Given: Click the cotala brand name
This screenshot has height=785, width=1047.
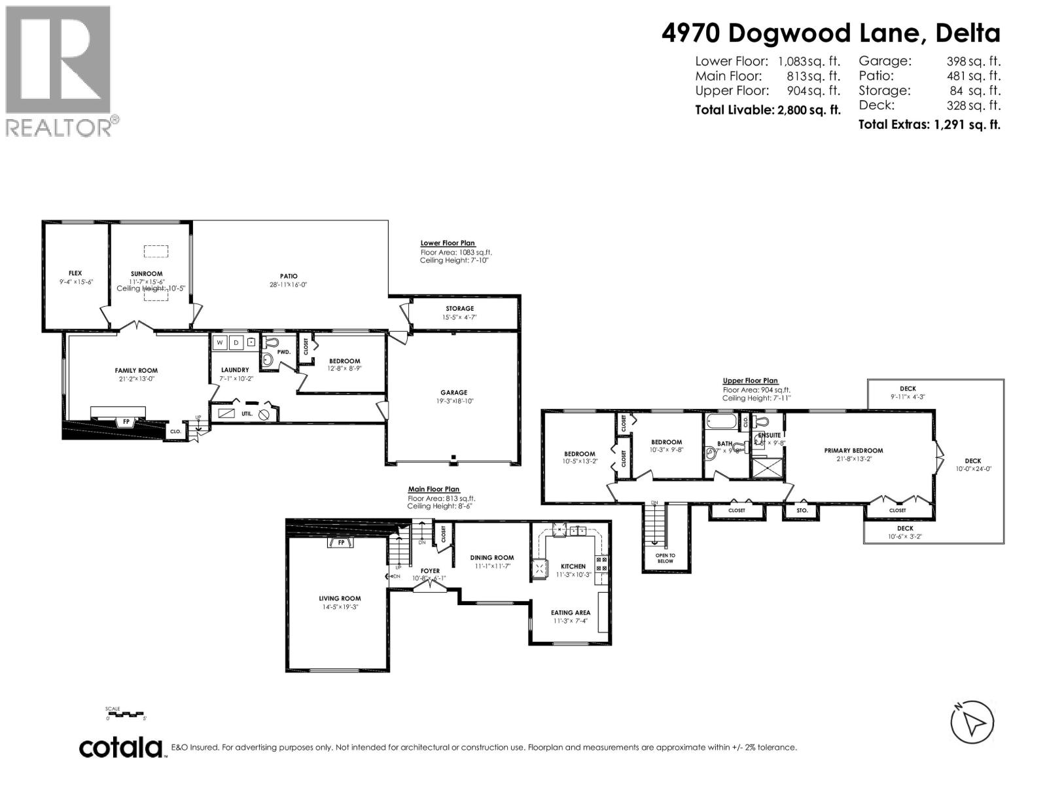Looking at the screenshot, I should [121, 747].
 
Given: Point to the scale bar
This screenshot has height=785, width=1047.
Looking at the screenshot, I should [126, 714].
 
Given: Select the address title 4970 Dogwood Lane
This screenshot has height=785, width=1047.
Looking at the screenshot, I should [830, 33].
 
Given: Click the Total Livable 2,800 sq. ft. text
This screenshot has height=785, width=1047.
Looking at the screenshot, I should [767, 110].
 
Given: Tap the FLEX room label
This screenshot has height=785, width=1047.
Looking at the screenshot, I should [75, 273].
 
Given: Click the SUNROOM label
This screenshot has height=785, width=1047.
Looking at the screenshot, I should [147, 273].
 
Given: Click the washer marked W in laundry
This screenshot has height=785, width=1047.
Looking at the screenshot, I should [219, 342].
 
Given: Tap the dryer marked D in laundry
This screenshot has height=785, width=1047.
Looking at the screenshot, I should [236, 342].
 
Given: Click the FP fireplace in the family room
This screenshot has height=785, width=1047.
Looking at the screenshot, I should [126, 422].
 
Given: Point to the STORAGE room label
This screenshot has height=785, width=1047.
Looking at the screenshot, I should [459, 308].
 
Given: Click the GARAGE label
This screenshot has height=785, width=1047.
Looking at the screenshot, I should [453, 392].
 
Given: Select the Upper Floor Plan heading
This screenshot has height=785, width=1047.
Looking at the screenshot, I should [750, 381].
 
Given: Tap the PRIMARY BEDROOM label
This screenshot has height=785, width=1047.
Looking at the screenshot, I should [853, 450].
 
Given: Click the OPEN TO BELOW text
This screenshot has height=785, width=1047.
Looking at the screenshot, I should [665, 558].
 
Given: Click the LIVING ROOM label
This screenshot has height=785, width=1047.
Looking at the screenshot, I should [340, 598].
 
